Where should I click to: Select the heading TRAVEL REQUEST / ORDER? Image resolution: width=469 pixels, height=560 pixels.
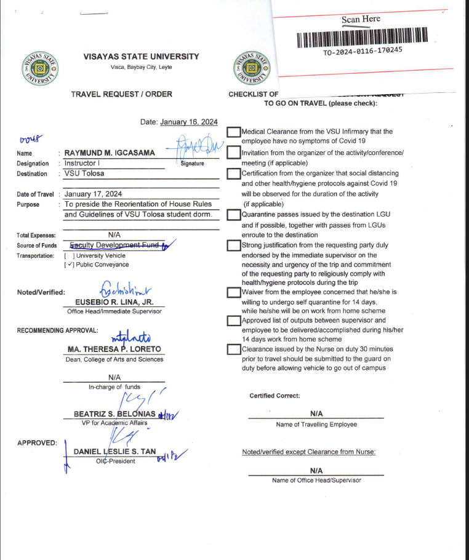click(x=121, y=94)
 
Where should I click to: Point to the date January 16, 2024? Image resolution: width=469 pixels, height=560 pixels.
click(x=188, y=122)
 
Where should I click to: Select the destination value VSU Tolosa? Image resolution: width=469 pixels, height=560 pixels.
click(x=85, y=174)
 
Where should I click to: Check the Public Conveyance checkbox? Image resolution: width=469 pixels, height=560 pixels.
click(x=69, y=265)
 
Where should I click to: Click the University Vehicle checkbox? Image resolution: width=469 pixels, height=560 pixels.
click(x=69, y=255)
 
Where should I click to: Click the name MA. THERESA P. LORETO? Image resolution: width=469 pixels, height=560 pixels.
click(x=114, y=349)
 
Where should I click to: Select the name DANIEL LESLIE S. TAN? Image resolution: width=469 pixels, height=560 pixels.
click(x=114, y=452)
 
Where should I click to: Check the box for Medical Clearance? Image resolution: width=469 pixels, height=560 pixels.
click(x=233, y=132)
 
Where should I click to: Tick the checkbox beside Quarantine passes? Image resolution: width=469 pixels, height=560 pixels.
click(x=233, y=215)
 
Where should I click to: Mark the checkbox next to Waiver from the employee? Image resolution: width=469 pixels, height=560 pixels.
click(x=233, y=292)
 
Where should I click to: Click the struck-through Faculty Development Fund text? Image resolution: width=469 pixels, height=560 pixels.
click(x=114, y=245)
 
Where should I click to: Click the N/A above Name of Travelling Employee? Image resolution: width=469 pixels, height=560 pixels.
click(x=316, y=414)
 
